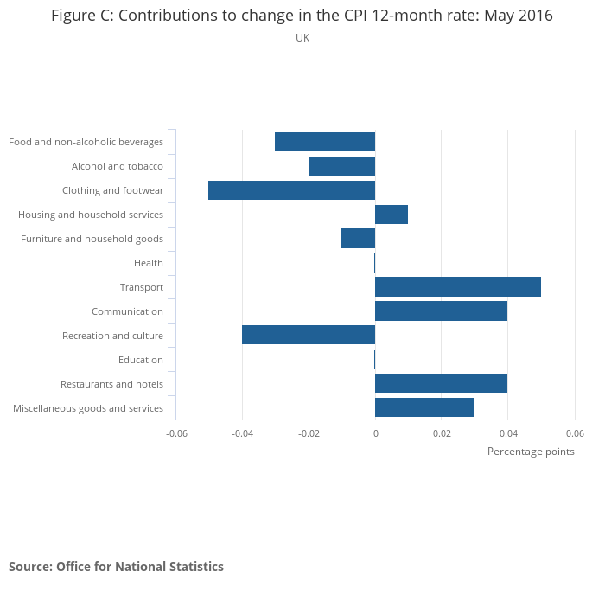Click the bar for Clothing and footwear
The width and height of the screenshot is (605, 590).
[292, 190]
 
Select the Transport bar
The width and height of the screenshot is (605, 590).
[458, 287]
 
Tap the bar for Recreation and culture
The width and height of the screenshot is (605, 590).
[309, 335]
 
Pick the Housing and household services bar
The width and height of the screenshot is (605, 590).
[392, 215]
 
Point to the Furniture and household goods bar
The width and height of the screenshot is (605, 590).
[359, 239]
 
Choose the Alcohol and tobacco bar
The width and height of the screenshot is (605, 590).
[342, 166]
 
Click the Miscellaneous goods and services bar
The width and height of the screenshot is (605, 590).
[424, 407]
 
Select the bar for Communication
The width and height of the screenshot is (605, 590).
[441, 311]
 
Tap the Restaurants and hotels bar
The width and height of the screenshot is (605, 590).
[441, 383]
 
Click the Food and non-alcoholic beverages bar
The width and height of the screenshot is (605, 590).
[325, 142]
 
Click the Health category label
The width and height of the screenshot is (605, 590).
[149, 263]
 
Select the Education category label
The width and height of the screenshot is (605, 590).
[141, 360]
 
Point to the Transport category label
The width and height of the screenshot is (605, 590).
[142, 287]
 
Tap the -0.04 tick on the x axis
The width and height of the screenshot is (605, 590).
[243, 433]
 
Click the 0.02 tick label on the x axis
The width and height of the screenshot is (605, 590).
[442, 433]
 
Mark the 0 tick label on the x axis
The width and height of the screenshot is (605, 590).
[375, 433]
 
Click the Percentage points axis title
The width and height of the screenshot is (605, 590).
[531, 452]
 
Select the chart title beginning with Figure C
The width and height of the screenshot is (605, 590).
[302, 16]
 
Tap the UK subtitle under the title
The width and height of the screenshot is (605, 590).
[302, 38]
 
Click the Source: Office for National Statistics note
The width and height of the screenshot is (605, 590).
[116, 567]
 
